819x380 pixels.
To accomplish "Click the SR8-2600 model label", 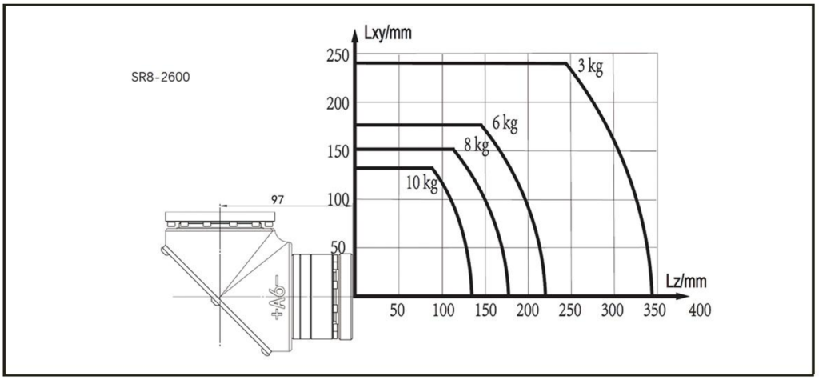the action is pos(160,78).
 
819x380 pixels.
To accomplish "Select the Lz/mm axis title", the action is pos(687,282).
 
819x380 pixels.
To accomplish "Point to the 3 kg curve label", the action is pos(590,67).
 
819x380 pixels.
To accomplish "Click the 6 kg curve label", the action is pos(505,124).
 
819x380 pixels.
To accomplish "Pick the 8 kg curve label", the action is pos(477,146).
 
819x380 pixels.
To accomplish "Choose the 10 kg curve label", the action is pos(422,184).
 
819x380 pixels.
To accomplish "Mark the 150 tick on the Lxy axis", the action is pos(338,151).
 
